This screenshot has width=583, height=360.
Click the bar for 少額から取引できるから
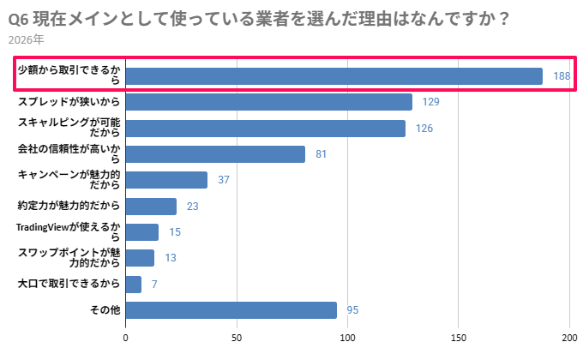[334, 76]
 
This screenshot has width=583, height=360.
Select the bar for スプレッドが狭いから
[269, 102]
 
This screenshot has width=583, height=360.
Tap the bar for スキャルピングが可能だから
[266, 129]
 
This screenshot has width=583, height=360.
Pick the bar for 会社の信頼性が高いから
[216, 154]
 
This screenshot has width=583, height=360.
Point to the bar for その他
[231, 309]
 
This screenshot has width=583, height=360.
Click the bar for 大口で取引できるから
[134, 284]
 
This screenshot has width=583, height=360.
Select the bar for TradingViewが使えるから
[142, 232]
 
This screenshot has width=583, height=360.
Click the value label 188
[562, 76]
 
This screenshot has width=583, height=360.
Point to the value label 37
[223, 180]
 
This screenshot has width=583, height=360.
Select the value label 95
[352, 309]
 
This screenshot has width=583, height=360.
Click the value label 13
[170, 258]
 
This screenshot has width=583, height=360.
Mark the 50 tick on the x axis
[237, 338]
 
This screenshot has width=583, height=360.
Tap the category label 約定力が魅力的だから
[69, 206]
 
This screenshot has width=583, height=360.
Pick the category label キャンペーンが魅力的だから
[69, 180]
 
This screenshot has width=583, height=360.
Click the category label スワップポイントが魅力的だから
[69, 258]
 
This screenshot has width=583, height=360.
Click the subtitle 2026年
[25, 39]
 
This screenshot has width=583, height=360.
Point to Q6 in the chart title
[18, 17]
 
